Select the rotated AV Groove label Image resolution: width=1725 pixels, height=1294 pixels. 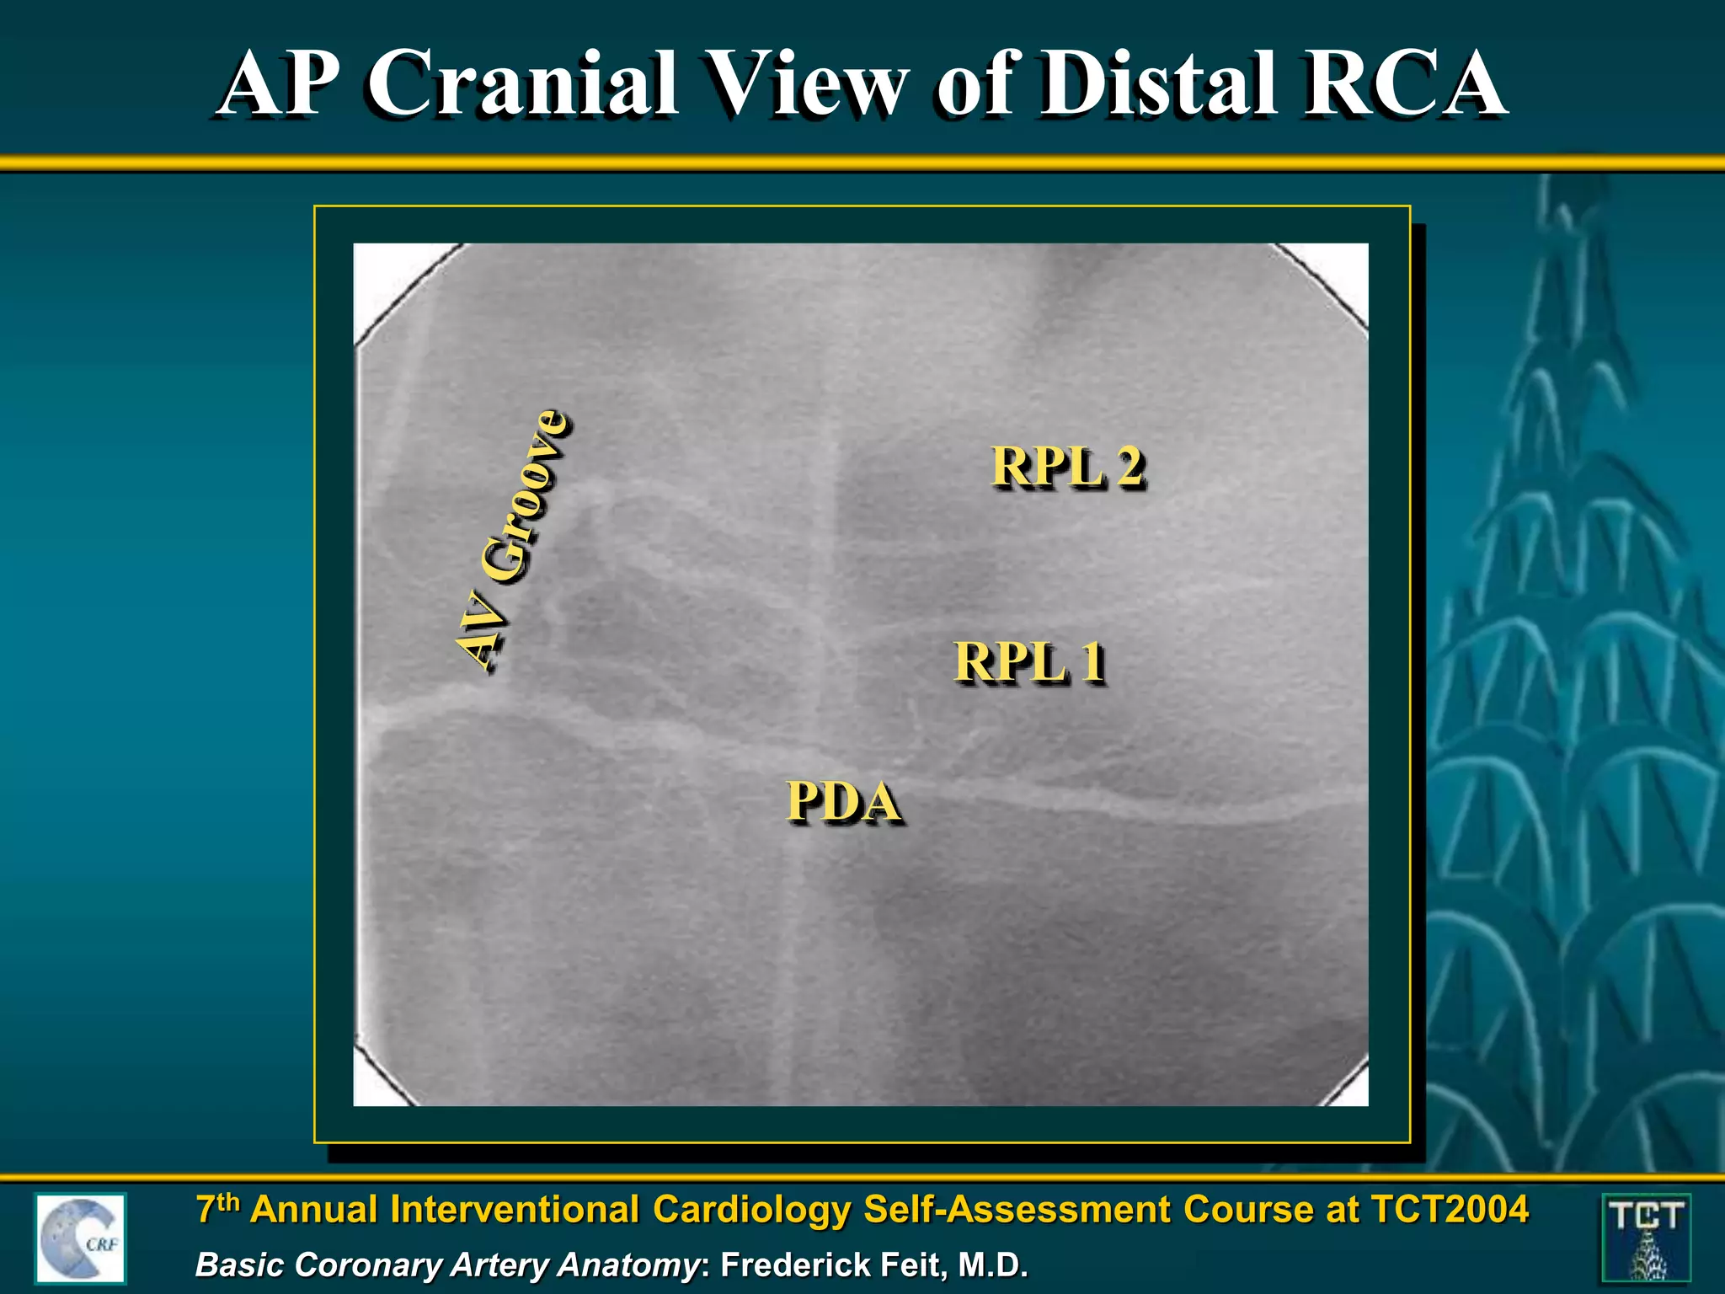point(512,539)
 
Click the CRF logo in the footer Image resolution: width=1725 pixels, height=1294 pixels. point(81,1238)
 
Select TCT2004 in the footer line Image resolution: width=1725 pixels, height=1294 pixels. point(1449,1210)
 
